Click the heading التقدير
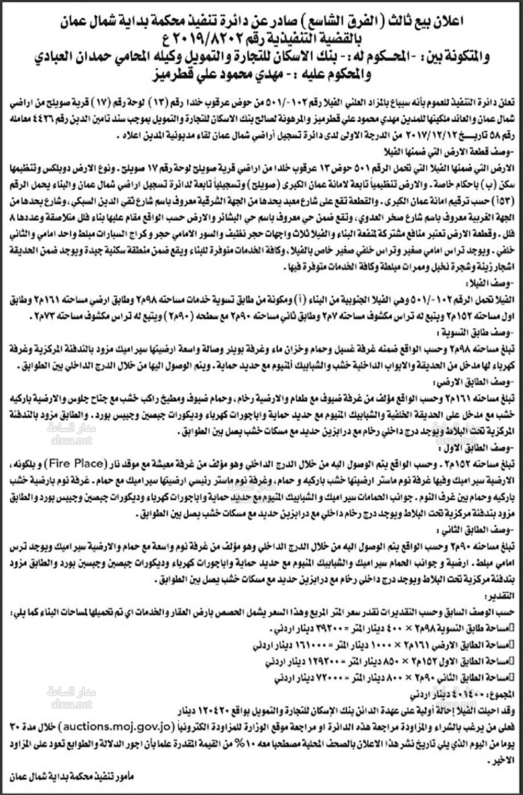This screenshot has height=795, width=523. pos(503,596)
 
